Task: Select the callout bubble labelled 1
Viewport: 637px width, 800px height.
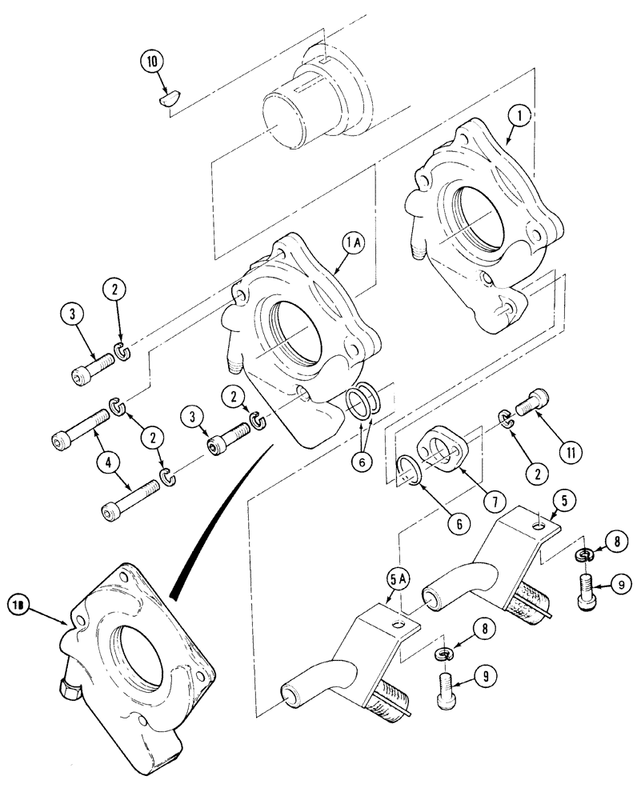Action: pyautogui.click(x=518, y=117)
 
